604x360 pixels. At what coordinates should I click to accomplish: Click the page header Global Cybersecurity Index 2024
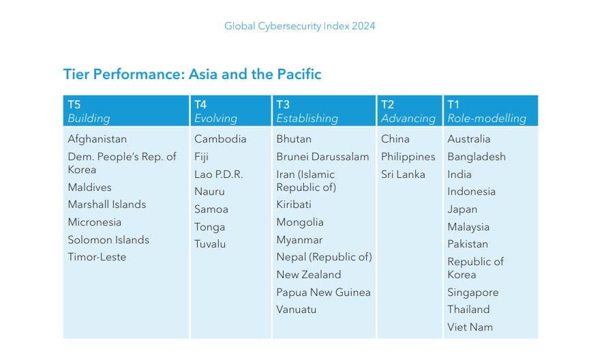point(300,26)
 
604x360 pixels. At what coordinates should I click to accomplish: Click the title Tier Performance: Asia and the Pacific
point(192,74)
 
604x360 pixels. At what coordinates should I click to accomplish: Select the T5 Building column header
point(126,110)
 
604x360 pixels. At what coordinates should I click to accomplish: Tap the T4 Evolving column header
point(230,110)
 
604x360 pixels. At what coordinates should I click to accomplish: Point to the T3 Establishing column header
point(324,110)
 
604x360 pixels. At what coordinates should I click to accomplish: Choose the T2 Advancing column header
point(410,110)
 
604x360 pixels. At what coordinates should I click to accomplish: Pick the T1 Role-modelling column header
point(491,110)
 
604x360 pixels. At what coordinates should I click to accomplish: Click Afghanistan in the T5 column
point(97,139)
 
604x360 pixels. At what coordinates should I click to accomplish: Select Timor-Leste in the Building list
point(97,257)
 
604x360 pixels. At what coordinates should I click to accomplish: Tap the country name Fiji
point(201,157)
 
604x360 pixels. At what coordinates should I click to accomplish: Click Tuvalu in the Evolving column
point(210,244)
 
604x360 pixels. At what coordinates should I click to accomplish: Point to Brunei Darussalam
point(322,157)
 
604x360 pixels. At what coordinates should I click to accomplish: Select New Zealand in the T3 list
point(309,275)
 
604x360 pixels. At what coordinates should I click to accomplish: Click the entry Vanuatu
point(297,310)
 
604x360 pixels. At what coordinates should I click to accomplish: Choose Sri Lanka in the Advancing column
point(403,175)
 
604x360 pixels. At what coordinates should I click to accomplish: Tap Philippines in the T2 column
point(408,157)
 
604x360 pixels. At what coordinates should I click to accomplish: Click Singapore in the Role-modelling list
point(472,292)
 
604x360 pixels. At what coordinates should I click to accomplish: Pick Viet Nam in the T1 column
point(470,327)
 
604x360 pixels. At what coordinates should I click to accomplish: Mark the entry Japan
point(462,210)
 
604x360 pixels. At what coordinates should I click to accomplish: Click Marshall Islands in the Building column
point(107,205)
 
